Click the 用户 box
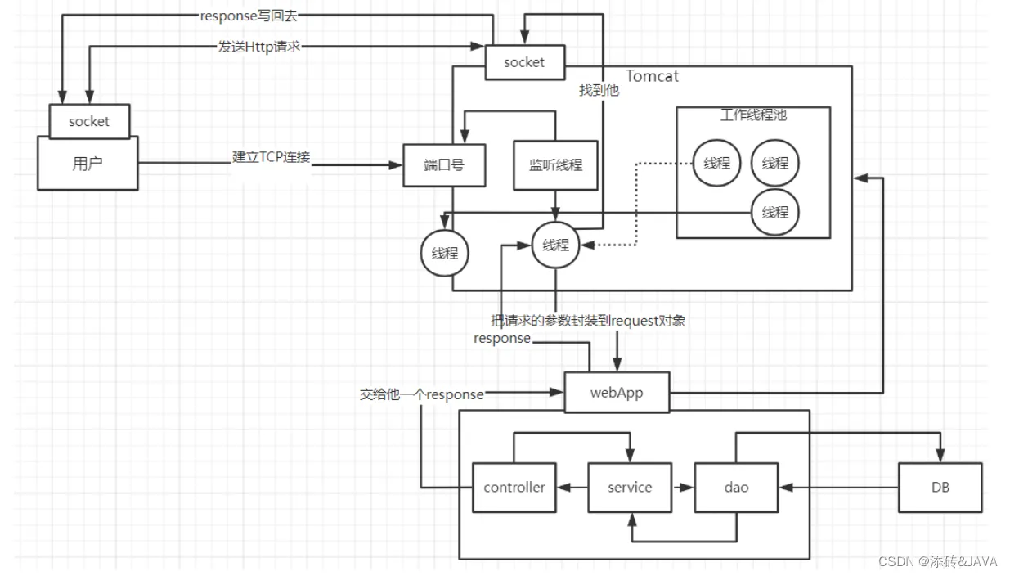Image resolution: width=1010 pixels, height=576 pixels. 88,164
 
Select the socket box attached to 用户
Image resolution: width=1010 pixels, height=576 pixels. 89,121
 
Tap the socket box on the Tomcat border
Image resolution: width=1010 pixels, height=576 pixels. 525,62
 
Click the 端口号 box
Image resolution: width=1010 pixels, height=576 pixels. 444,165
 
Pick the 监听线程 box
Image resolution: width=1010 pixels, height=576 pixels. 555,165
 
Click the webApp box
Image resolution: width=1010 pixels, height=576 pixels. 617,393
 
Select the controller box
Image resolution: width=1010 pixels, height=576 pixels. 514,487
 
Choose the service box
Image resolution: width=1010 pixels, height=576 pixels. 630,487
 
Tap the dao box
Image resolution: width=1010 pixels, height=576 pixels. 736,487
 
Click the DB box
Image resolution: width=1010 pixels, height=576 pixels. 940,487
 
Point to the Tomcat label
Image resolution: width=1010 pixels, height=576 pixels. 652,76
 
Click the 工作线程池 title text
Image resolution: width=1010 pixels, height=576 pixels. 753,115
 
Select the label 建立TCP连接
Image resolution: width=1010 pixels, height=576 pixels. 271,157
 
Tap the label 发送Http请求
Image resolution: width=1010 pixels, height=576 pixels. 258,47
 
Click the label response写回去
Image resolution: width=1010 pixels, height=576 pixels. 249,16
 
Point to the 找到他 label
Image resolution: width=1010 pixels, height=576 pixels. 599,90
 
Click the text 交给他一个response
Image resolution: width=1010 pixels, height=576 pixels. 422,394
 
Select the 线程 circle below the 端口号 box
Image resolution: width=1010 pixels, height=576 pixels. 445,253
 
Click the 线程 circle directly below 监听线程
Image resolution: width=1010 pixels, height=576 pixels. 555,245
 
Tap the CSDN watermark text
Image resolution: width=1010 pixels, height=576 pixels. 937,561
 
